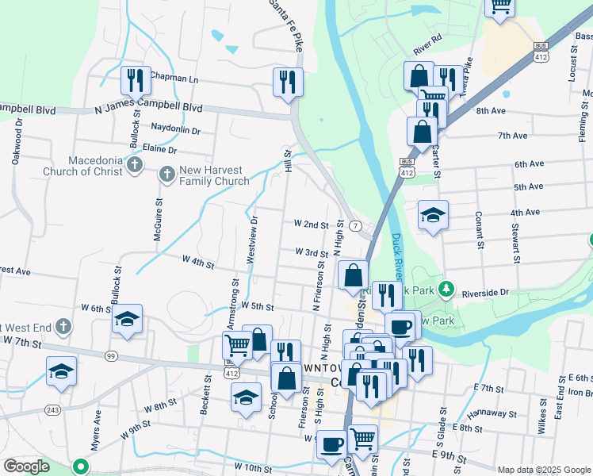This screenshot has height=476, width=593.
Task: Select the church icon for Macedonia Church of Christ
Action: point(135,165)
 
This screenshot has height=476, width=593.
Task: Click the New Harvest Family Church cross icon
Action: point(166,173)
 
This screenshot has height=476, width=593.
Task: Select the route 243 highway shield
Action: point(52,409)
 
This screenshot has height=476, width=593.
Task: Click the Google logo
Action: point(26,466)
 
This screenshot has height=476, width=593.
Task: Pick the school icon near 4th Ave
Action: point(434,215)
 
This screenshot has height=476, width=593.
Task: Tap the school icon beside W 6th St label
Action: point(127,319)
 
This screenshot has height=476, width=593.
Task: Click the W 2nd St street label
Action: point(311,225)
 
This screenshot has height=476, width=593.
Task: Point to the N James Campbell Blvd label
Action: point(148,108)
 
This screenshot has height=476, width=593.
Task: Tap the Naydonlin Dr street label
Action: point(175,129)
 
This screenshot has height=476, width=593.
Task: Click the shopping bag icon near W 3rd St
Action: point(353,275)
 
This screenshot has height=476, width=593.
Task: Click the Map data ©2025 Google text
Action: point(543,470)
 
